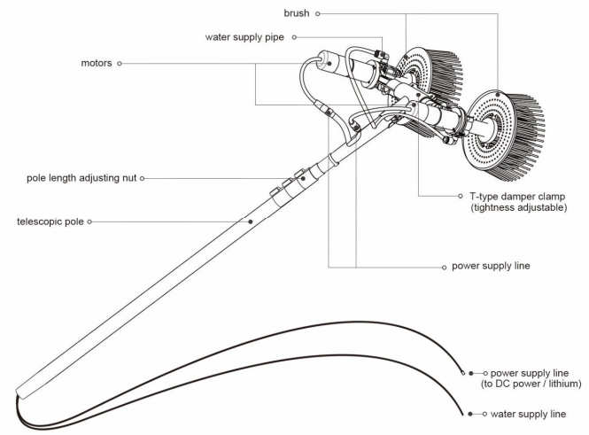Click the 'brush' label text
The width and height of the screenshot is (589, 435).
pyautogui.click(x=297, y=13)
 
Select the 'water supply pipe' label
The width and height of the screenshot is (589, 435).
pyautogui.click(x=244, y=37)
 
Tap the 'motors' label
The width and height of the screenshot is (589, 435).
pyautogui.click(x=97, y=63)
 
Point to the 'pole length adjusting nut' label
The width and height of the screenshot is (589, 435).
pyautogui.click(x=81, y=178)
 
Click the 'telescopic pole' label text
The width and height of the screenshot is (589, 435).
pyautogui.click(x=50, y=221)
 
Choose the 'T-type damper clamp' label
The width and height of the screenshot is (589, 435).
pyautogui.click(x=517, y=196)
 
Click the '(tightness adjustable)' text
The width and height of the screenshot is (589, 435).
pyautogui.click(x=518, y=207)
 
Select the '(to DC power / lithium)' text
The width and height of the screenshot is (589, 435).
pyautogui.click(x=531, y=384)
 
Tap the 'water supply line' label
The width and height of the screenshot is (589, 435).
pyautogui.click(x=528, y=414)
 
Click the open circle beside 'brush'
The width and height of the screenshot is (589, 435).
pyautogui.click(x=317, y=13)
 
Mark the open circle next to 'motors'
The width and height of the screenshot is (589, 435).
pyautogui.click(x=120, y=64)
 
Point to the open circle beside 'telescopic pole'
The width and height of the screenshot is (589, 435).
pyautogui.click(x=89, y=221)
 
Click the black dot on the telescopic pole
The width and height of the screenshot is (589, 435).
pyautogui.click(x=251, y=221)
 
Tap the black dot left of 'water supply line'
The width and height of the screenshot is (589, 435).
pyautogui.click(x=470, y=414)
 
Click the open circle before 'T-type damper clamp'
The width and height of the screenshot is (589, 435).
pyautogui.click(x=461, y=196)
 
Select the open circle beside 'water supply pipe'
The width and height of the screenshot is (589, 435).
pyautogui.click(x=294, y=37)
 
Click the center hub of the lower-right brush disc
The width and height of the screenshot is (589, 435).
pyautogui.click(x=487, y=131)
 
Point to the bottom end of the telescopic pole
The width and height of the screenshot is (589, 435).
pyautogui.click(x=20, y=393)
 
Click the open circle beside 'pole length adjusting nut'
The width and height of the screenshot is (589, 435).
pyautogui.click(x=142, y=178)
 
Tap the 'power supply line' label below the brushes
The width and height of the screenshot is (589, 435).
pyautogui.click(x=491, y=266)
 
